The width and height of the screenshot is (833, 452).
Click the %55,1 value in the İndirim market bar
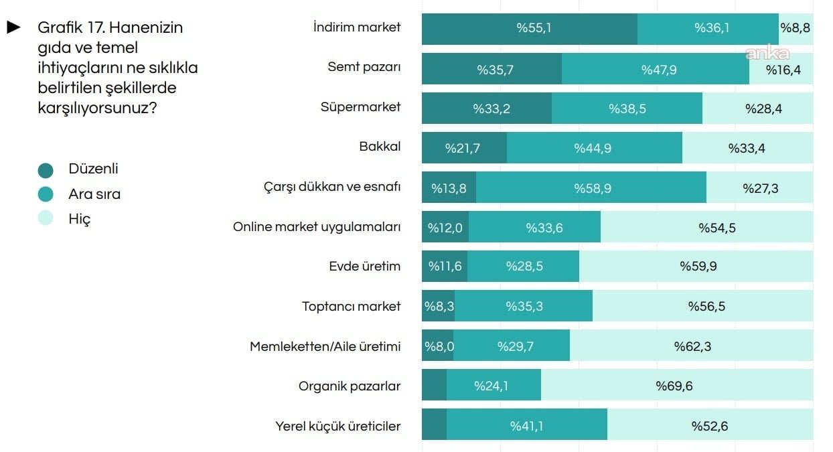pos(534,28)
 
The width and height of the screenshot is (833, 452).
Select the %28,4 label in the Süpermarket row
pos(763,108)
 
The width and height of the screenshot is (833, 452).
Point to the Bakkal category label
pos(380,147)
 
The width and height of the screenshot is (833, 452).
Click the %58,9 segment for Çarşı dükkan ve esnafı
pos(592,188)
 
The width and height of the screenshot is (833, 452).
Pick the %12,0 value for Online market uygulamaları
pos(445,228)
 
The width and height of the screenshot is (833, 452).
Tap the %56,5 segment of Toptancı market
pos(706,307)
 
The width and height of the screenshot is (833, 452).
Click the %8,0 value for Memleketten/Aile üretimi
pos(438,346)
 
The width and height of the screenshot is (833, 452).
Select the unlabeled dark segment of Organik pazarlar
pos(434,386)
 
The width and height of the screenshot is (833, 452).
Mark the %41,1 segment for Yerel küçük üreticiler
pos(526,426)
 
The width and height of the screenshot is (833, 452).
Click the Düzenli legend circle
pos(46,170)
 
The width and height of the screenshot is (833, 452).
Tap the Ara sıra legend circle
pos(46,195)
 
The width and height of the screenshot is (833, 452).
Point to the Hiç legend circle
pos(46,219)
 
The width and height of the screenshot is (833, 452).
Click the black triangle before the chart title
pos(14,27)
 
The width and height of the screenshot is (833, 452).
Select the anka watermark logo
pos(767,54)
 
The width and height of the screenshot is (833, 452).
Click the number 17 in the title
pos(97,28)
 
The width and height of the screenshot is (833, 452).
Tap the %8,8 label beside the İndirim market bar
pos(796,28)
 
